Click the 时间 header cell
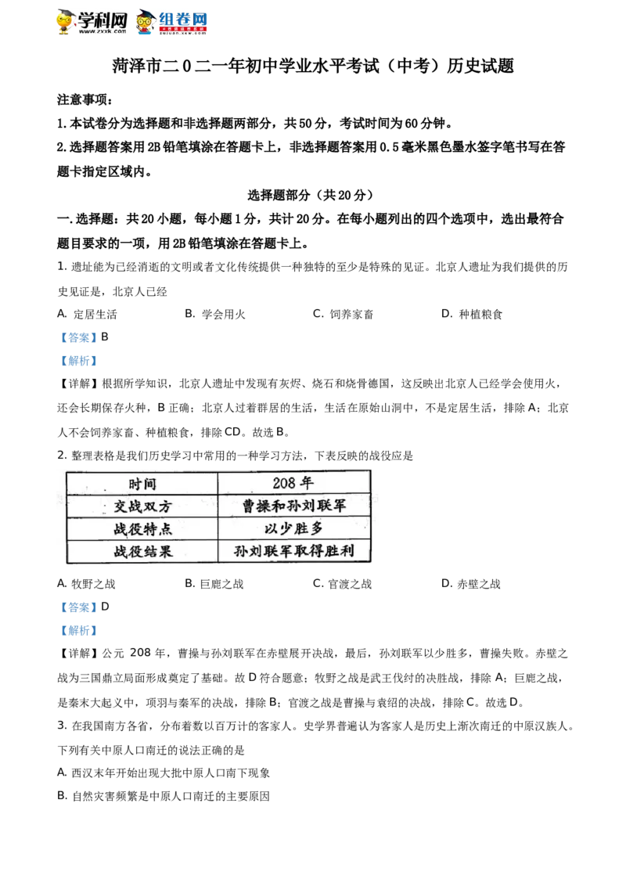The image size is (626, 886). click(x=142, y=483)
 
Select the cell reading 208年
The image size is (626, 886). click(x=293, y=483)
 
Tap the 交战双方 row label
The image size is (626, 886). click(x=142, y=506)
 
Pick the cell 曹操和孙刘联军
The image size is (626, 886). click(x=293, y=506)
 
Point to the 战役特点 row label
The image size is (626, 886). click(x=142, y=528)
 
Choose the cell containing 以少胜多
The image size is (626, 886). click(x=293, y=528)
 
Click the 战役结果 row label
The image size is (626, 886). click(x=142, y=551)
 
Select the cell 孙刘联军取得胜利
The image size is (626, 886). click(x=293, y=551)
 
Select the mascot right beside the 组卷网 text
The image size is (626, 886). click(x=144, y=23)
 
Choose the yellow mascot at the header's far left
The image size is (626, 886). click(x=64, y=23)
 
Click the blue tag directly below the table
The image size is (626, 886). click(x=78, y=607)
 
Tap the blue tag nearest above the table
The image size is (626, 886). click(x=78, y=361)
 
